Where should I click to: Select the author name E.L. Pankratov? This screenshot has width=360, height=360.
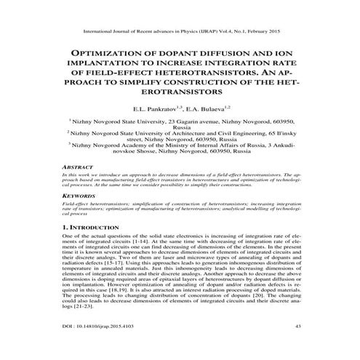click(164, 106)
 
